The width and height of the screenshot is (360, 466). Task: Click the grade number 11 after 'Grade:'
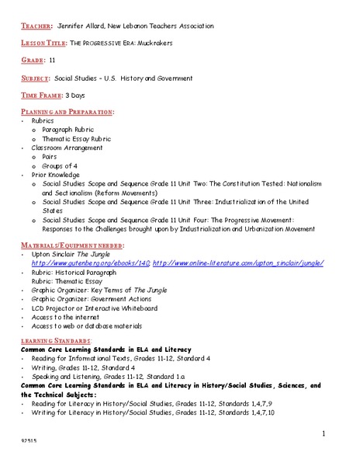[x=52, y=60]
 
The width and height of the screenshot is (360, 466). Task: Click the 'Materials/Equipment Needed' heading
[x=62, y=245]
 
